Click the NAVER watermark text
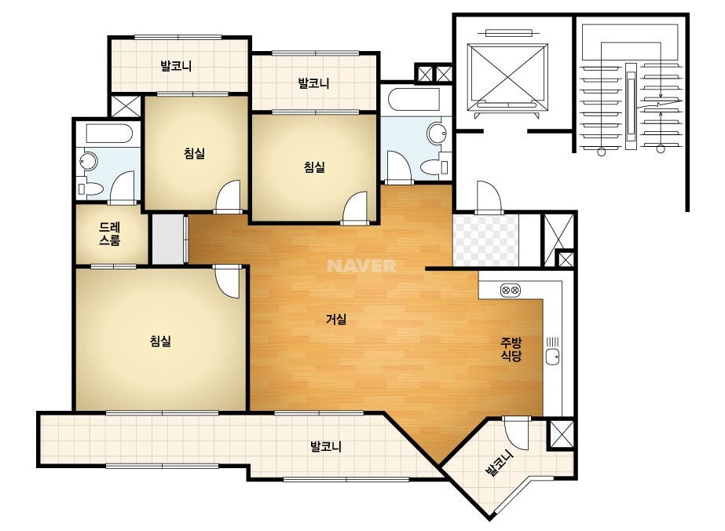[x=361, y=265]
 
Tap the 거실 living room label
[x=336, y=319]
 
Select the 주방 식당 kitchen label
[x=511, y=350]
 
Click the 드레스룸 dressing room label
[x=110, y=233]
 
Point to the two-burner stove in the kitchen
[x=511, y=291]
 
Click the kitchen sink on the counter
[x=552, y=356]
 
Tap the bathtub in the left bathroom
[x=109, y=134]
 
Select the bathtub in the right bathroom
[x=414, y=98]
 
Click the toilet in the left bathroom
[x=90, y=189]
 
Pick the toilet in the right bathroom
[x=435, y=167]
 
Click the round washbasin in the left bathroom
[x=88, y=161]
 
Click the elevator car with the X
[x=507, y=77]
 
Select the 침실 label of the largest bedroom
[x=160, y=342]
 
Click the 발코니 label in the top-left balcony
[x=176, y=66]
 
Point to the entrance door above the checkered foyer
[x=489, y=196]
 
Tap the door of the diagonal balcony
[x=515, y=432]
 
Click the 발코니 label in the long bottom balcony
[x=325, y=447]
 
